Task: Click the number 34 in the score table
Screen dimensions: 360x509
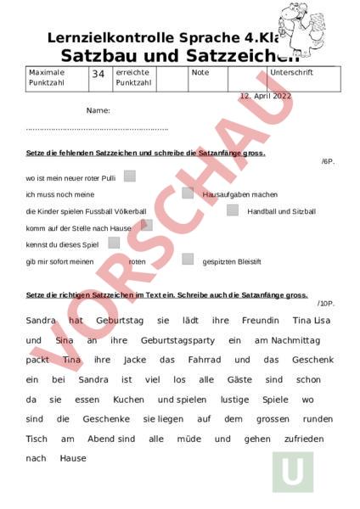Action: point(98,75)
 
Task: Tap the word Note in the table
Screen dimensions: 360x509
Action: point(200,73)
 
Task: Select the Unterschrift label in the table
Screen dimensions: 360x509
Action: point(291,73)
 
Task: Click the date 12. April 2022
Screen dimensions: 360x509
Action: point(265,96)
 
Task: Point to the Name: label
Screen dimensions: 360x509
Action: point(98,110)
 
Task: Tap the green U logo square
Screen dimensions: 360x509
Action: point(292,472)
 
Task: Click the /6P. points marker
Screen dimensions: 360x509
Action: point(328,161)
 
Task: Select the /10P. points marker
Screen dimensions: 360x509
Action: point(326,303)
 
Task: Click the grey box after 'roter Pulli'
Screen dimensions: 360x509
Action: point(130,176)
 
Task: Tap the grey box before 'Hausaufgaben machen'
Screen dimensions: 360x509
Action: point(188,193)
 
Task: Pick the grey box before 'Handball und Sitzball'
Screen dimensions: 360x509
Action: point(232,210)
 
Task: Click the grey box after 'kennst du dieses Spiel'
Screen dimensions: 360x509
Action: point(114,243)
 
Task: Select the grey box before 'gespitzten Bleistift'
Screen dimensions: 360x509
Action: point(188,260)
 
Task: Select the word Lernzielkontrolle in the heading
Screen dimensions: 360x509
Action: point(100,38)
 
